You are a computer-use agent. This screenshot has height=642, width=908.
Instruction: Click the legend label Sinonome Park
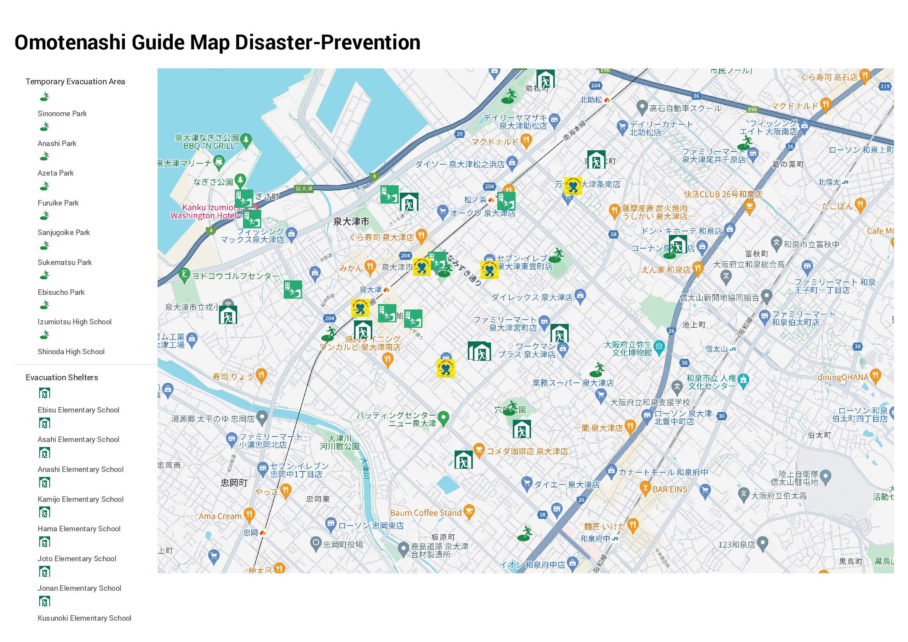[x=62, y=114]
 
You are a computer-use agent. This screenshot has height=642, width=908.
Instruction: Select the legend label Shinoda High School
[x=71, y=352]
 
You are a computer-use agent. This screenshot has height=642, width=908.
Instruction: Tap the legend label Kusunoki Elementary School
[x=84, y=618]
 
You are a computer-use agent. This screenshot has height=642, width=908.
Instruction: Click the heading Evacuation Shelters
[x=62, y=378]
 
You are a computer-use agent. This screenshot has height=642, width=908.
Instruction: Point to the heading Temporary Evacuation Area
[x=75, y=82]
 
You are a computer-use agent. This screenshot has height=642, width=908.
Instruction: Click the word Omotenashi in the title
[x=70, y=43]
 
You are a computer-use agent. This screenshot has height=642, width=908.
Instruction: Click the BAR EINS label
[x=670, y=490]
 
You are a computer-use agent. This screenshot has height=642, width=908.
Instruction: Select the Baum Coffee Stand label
[x=425, y=513]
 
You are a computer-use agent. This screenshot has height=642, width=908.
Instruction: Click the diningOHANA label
[x=843, y=378]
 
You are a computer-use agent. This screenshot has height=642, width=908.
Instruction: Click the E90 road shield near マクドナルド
[x=752, y=110]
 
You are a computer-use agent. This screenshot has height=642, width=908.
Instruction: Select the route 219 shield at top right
[x=885, y=86]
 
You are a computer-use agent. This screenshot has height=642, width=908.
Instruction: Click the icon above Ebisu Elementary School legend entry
[x=45, y=393]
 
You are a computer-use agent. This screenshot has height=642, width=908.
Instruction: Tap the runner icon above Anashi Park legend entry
[x=45, y=127]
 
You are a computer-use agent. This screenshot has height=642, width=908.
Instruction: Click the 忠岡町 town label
[x=234, y=484]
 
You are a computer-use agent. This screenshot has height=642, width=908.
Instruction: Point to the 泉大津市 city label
[x=351, y=222]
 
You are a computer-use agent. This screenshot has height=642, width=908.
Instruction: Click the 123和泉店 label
[x=736, y=545]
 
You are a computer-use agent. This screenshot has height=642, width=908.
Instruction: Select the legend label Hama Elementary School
[x=79, y=529]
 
